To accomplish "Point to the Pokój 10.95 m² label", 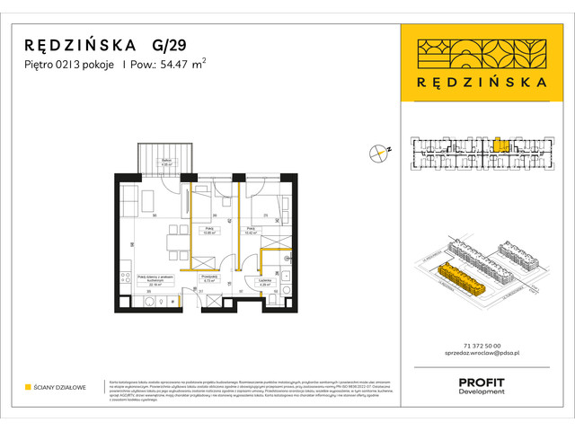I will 208,230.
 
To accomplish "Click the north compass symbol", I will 379,153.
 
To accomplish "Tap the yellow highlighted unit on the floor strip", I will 501,144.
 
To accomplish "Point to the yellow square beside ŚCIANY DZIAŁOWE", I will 29,387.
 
